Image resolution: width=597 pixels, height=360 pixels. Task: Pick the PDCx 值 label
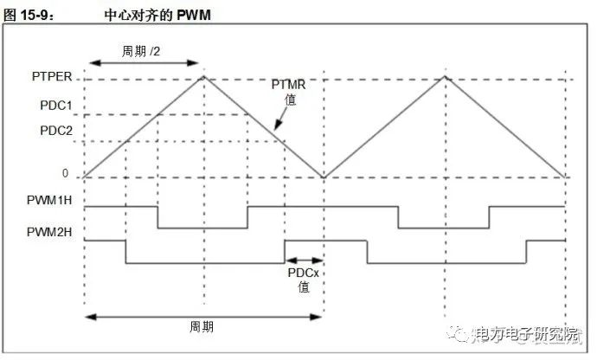[x=304, y=279]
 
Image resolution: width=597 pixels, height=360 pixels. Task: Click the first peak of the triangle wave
[x=204, y=77]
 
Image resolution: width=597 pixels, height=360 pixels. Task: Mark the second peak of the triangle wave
[x=445, y=77]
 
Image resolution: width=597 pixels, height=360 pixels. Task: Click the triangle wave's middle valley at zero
[x=324, y=177]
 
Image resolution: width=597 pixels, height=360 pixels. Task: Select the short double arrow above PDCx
[x=305, y=259]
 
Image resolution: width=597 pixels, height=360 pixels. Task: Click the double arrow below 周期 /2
[x=144, y=65]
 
